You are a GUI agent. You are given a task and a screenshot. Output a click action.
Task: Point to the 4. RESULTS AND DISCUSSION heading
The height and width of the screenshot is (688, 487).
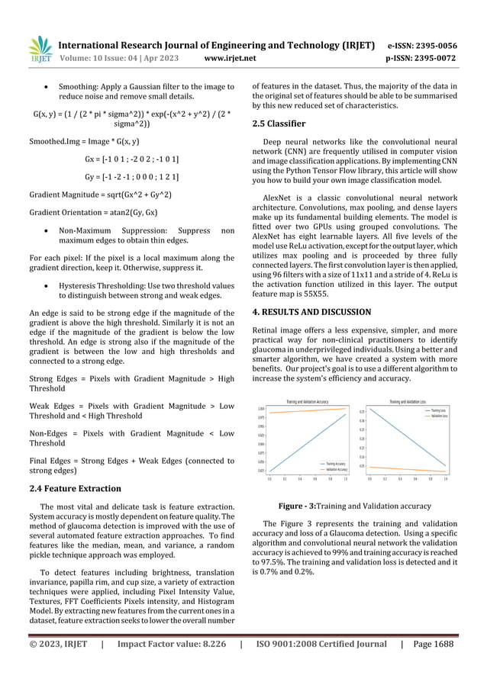click(311, 312)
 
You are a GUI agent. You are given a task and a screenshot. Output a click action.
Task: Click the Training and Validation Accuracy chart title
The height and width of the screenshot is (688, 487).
click(307, 401)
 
